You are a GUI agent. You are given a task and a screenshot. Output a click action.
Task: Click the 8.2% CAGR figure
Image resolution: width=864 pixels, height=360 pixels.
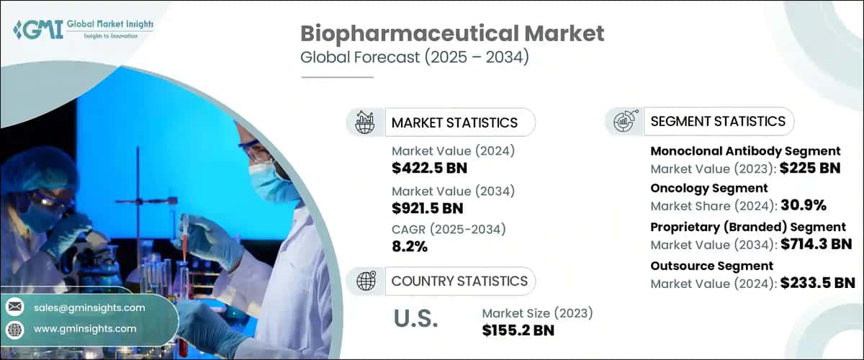point(410,246)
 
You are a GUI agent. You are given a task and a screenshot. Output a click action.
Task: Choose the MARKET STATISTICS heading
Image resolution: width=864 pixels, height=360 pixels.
point(454,122)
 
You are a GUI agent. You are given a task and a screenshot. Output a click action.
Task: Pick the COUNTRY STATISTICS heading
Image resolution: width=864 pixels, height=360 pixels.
point(459,281)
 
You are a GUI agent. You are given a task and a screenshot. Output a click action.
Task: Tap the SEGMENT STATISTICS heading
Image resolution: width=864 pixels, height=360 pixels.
point(718,121)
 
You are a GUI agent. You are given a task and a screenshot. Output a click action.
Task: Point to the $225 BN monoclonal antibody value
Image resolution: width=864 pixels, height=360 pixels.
point(811,170)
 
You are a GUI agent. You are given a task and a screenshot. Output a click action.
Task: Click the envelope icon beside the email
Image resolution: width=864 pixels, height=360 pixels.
point(14,307)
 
